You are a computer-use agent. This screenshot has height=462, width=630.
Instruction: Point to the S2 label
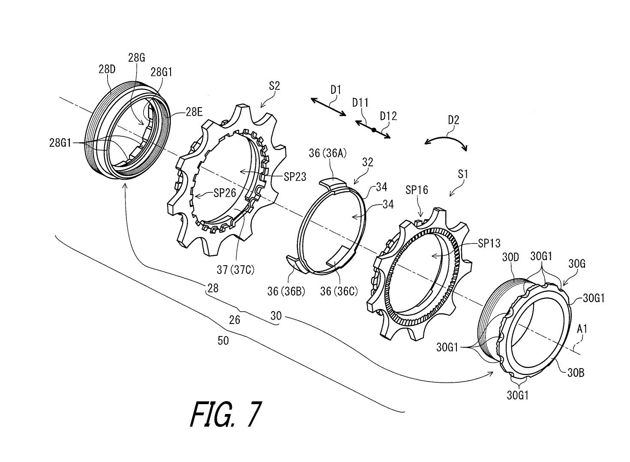coord(275,86)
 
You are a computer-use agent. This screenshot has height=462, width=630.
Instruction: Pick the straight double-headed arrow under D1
coord(329,107)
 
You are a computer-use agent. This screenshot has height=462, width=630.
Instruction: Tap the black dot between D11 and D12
coord(373,130)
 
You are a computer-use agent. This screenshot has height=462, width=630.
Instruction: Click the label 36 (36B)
coord(286,291)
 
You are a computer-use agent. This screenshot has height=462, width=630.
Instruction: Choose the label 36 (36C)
coord(339,291)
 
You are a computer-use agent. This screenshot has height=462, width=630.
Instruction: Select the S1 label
coord(463,175)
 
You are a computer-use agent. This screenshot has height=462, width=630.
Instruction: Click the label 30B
coord(576,373)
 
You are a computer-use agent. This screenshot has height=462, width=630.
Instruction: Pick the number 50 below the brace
coord(223,341)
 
